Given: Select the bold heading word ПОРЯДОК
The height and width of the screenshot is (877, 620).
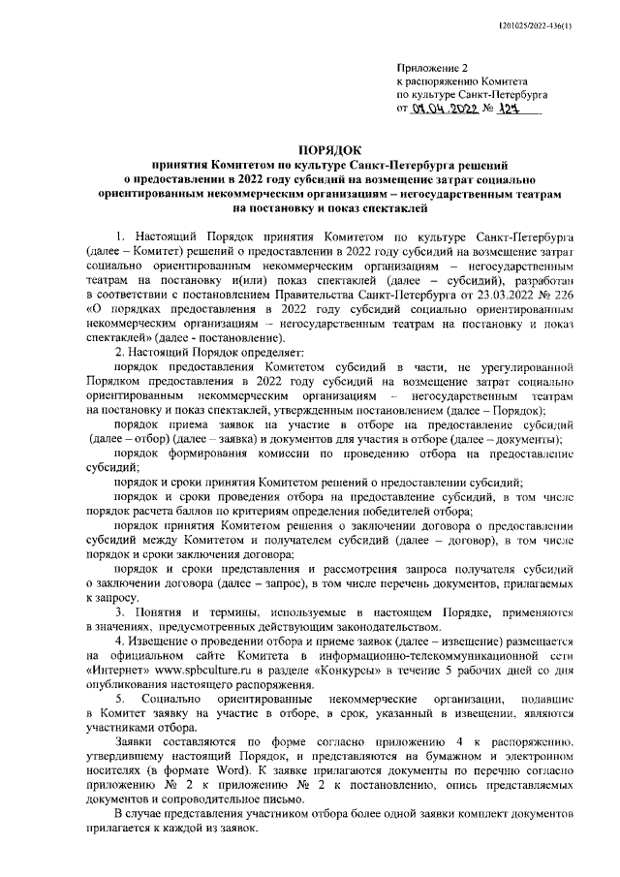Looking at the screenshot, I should coord(330,151).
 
